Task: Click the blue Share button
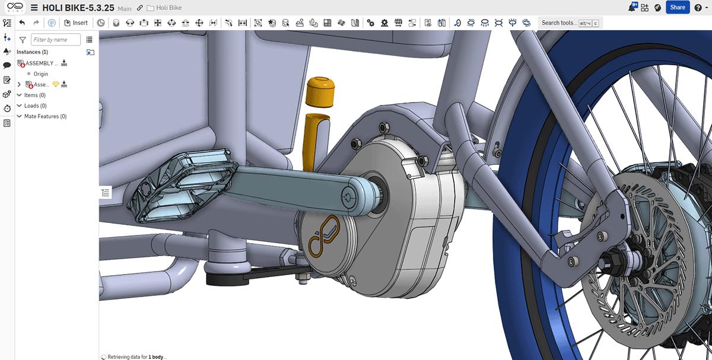(x=677, y=8)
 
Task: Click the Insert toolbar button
(x=76, y=23)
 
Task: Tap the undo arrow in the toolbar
(x=22, y=23)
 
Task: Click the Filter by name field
(x=57, y=40)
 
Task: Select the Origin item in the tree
(x=41, y=74)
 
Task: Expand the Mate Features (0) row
(x=19, y=117)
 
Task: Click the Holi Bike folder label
(x=169, y=8)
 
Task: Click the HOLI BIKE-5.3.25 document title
(x=78, y=8)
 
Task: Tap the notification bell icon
(x=632, y=8)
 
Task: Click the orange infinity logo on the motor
(x=323, y=237)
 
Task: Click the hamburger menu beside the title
(x=34, y=8)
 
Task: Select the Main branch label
(x=125, y=9)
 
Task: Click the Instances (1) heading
(x=33, y=52)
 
